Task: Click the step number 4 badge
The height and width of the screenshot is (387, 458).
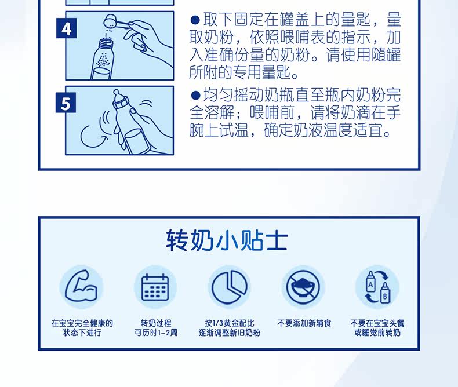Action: tap(66, 28)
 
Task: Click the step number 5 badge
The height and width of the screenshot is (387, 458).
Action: tap(66, 103)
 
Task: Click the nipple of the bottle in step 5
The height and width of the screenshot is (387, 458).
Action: tap(117, 96)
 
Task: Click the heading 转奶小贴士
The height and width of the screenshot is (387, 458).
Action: tap(227, 240)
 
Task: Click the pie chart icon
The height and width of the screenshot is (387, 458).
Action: tap(230, 287)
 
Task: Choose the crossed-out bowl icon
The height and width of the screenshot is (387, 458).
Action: tap(303, 287)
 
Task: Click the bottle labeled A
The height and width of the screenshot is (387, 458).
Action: tap(370, 282)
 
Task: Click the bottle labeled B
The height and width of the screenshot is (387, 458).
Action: tap(385, 293)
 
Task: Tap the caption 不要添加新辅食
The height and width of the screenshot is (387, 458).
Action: tap(304, 323)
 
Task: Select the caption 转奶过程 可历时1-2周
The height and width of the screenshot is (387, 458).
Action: tap(156, 328)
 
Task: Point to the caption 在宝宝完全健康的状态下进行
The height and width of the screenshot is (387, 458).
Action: tap(82, 328)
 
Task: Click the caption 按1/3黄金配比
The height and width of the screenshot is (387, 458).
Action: tap(230, 323)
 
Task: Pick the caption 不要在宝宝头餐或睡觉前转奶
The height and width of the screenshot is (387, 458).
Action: tap(377, 328)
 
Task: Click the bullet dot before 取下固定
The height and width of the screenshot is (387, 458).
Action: tap(195, 20)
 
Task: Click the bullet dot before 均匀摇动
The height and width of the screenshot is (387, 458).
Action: tap(195, 95)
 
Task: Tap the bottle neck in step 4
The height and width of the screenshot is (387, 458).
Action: tap(106, 45)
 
